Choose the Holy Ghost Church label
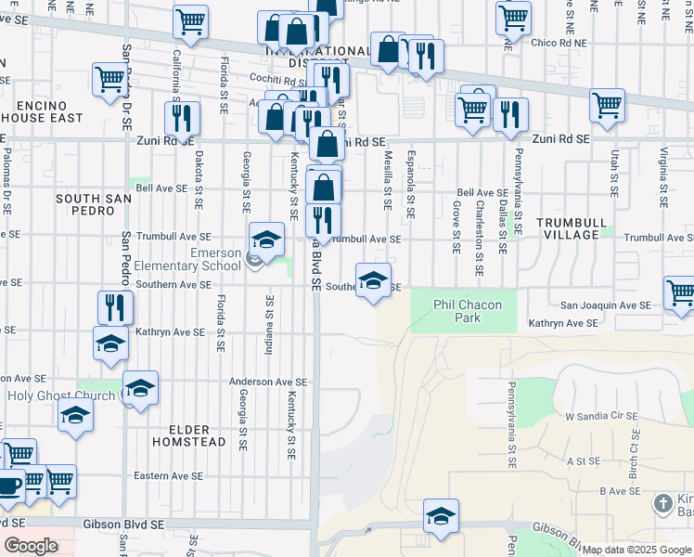click(x=60, y=395)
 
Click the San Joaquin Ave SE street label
click(x=605, y=305)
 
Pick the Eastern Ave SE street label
click(x=167, y=476)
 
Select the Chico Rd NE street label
click(x=560, y=43)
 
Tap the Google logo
click(x=32, y=546)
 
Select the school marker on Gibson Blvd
click(x=441, y=517)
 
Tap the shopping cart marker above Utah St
click(x=607, y=106)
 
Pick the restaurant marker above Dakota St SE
click(x=182, y=118)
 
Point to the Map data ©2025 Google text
click(x=636, y=550)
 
